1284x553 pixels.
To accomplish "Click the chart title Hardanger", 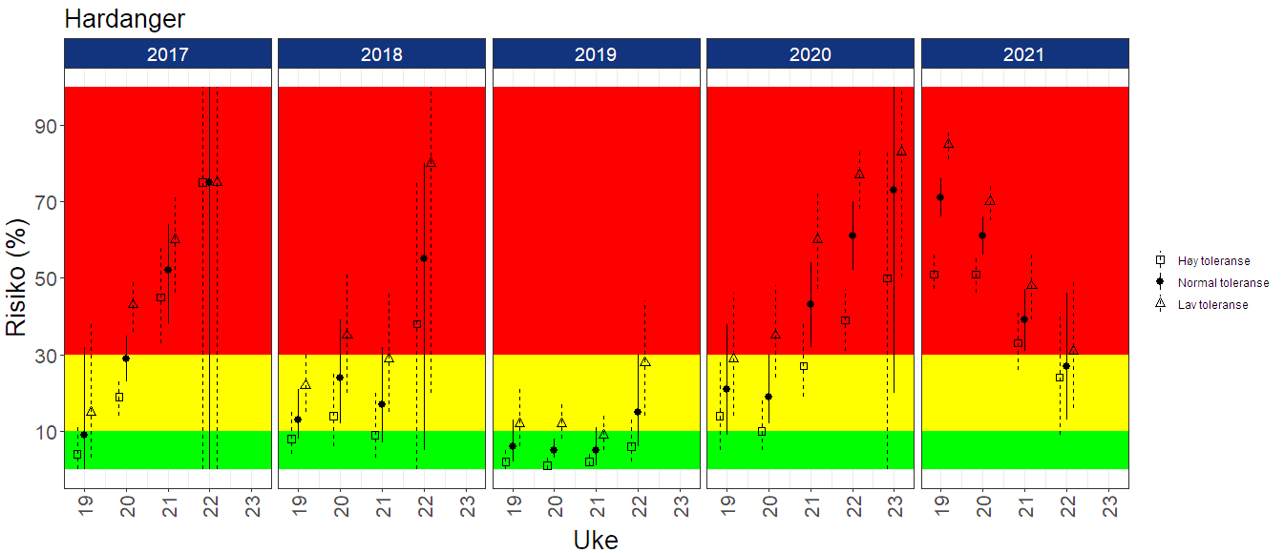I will [124, 18].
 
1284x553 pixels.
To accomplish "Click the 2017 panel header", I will [167, 54].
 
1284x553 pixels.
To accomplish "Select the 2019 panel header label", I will [596, 54].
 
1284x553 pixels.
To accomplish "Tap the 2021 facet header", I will [1023, 54].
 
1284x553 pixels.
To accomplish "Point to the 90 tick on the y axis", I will [48, 126].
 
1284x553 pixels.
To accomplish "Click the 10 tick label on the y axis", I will [48, 432].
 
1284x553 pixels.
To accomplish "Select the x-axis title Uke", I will [596, 540].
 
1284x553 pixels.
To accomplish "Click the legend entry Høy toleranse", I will [1213, 260].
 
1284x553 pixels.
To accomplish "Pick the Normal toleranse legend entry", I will [1223, 282].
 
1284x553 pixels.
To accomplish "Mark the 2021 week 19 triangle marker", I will [948, 144].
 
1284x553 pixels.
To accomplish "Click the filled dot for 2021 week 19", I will [940, 197].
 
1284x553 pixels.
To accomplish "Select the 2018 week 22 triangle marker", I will [431, 163].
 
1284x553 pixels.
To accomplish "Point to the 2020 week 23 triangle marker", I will [901, 152].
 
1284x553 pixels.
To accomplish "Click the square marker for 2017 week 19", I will [77, 455].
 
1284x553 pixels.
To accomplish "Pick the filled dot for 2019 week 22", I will [638, 412].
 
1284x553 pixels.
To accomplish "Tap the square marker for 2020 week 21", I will [803, 366].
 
